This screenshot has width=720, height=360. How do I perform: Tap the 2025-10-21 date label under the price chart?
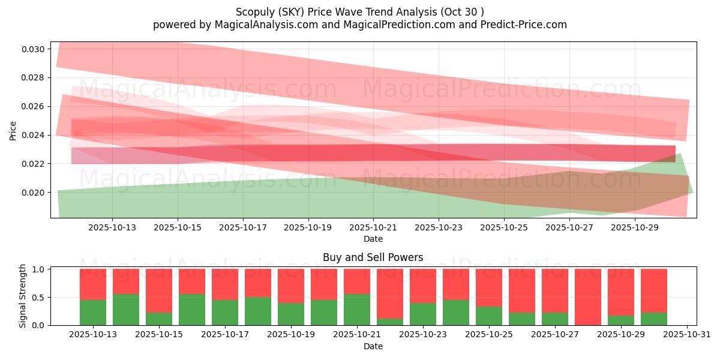[x=373, y=228]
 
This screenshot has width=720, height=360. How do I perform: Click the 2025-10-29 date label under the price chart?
[x=634, y=228]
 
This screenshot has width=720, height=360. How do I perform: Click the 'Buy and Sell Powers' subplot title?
[x=373, y=257]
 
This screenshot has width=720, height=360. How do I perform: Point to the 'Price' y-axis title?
[x=13, y=130]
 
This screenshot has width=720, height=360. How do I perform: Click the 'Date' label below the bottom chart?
[x=373, y=346]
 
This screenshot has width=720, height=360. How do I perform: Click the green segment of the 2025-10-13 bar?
[x=93, y=313]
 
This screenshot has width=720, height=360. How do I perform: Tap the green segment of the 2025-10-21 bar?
[x=357, y=310]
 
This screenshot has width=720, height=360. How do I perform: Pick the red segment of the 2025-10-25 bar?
[x=489, y=287]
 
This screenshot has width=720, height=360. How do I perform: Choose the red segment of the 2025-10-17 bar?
[x=225, y=284]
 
